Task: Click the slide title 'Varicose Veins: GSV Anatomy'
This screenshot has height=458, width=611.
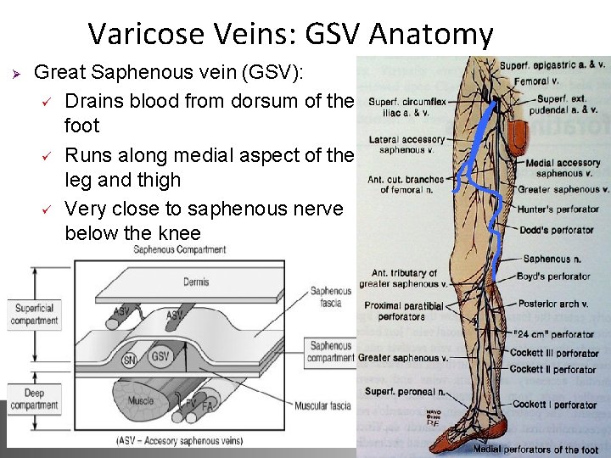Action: click(x=290, y=34)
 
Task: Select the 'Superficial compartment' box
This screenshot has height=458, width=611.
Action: click(x=34, y=315)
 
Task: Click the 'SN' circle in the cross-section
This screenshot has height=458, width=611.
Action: click(x=129, y=360)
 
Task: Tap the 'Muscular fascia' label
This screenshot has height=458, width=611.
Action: click(x=322, y=406)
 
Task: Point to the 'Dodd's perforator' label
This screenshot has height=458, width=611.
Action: click(x=557, y=230)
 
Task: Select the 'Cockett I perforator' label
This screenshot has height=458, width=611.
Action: click(x=554, y=405)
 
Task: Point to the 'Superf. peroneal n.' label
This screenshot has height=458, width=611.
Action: click(x=406, y=391)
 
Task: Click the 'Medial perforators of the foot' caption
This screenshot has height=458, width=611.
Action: click(x=535, y=450)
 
